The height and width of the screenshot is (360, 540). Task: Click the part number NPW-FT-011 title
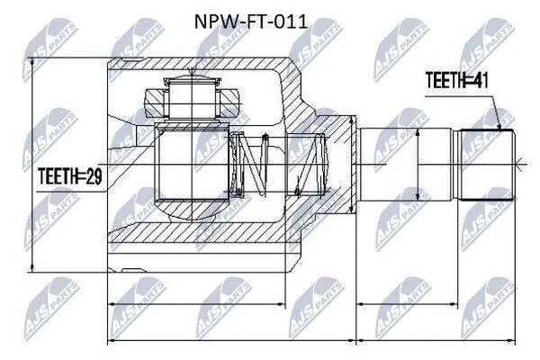point(251,22)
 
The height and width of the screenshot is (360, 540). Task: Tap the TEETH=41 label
point(456,80)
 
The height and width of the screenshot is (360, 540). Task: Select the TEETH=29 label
point(70,176)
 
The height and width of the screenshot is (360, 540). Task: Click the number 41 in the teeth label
point(480,80)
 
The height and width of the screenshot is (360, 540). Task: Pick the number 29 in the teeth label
point(94,176)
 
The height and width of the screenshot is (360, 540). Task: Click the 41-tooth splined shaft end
point(487,165)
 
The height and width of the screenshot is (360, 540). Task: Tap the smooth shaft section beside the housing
point(405,165)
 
